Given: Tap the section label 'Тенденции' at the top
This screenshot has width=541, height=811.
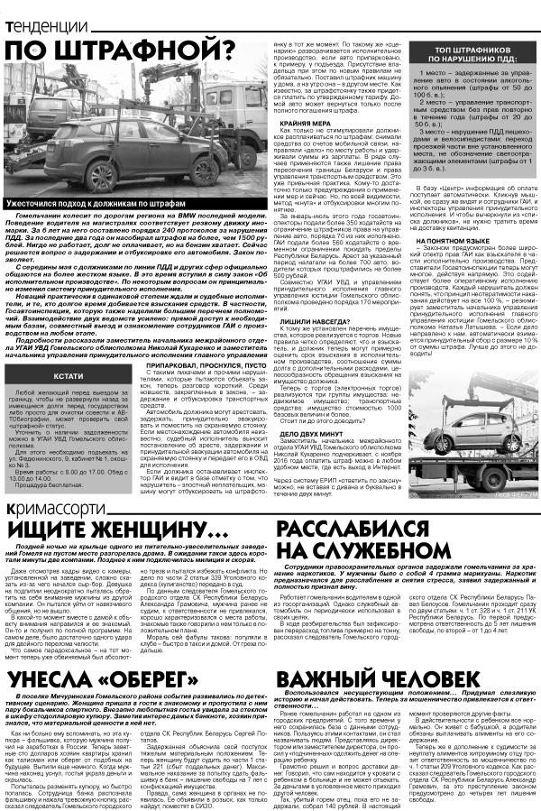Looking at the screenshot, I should click(x=47, y=11).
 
